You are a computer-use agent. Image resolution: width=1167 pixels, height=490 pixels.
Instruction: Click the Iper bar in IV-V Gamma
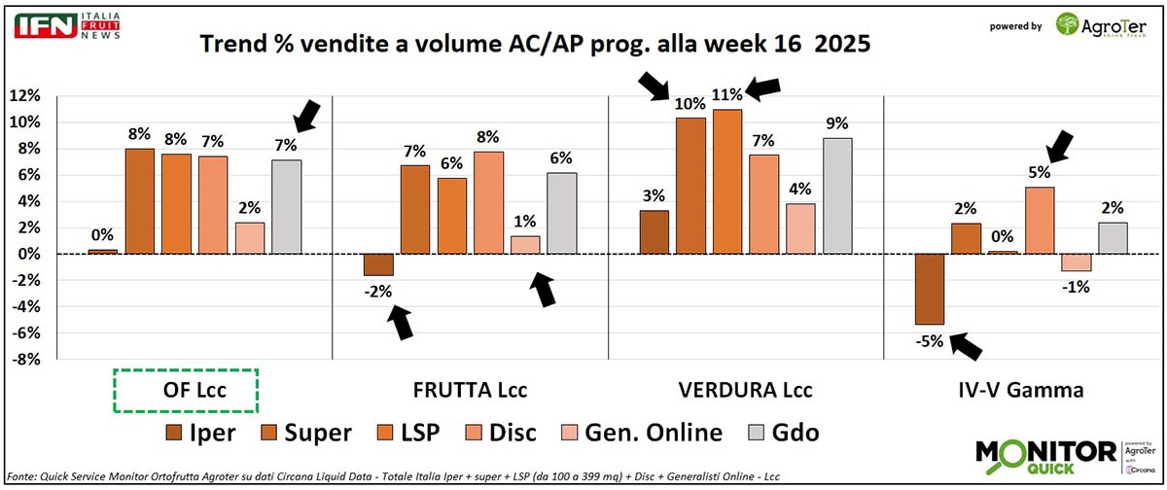point(931,289)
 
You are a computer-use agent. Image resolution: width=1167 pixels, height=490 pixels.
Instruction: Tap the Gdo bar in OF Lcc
point(286,207)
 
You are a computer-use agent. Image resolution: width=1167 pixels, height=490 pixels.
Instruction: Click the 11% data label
point(726,94)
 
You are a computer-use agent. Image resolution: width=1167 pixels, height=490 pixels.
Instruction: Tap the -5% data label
point(930,340)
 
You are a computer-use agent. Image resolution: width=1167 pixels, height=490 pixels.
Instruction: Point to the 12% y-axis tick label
point(24,95)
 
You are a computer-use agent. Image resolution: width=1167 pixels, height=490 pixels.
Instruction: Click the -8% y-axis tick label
point(24,360)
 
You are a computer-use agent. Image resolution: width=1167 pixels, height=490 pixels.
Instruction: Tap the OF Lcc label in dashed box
point(185,391)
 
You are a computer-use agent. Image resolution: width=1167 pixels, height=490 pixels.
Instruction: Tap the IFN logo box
point(45,25)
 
